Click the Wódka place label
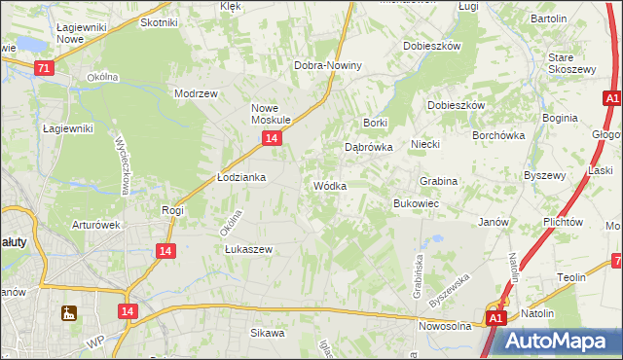(x=329, y=186)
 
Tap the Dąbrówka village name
(x=369, y=148)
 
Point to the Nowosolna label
(x=445, y=326)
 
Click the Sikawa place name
(x=268, y=334)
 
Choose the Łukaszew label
(x=248, y=249)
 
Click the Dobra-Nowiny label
(x=328, y=65)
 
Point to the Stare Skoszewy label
(x=571, y=64)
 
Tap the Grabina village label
(x=438, y=182)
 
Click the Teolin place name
(x=571, y=278)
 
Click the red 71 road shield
(x=44, y=68)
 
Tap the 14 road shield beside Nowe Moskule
(x=272, y=139)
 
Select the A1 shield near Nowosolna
(x=495, y=318)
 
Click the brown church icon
(x=68, y=313)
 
